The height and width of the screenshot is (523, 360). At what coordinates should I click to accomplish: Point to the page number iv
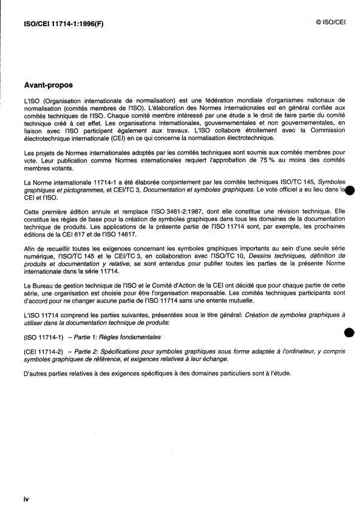coord(26,499)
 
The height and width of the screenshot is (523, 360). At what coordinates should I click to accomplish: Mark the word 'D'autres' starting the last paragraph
coord(36,373)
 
